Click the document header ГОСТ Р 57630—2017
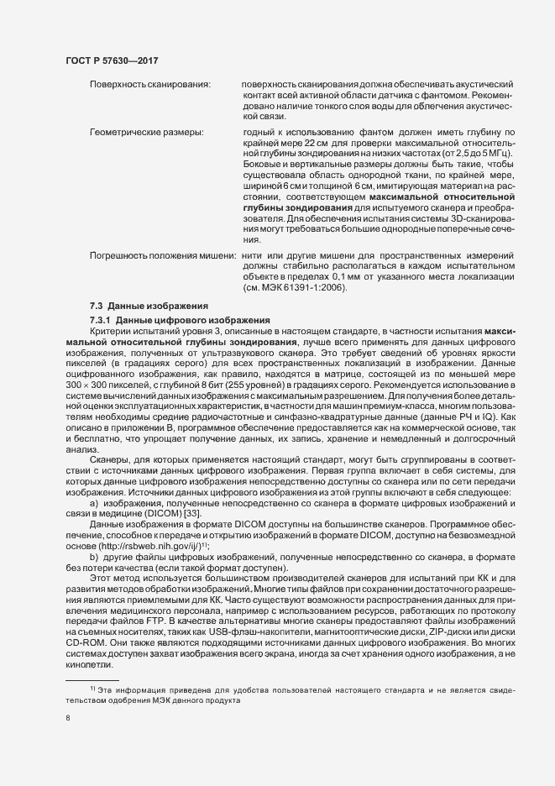pos(113,61)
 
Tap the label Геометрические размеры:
pos(146,134)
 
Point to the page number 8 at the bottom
pos(67,718)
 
